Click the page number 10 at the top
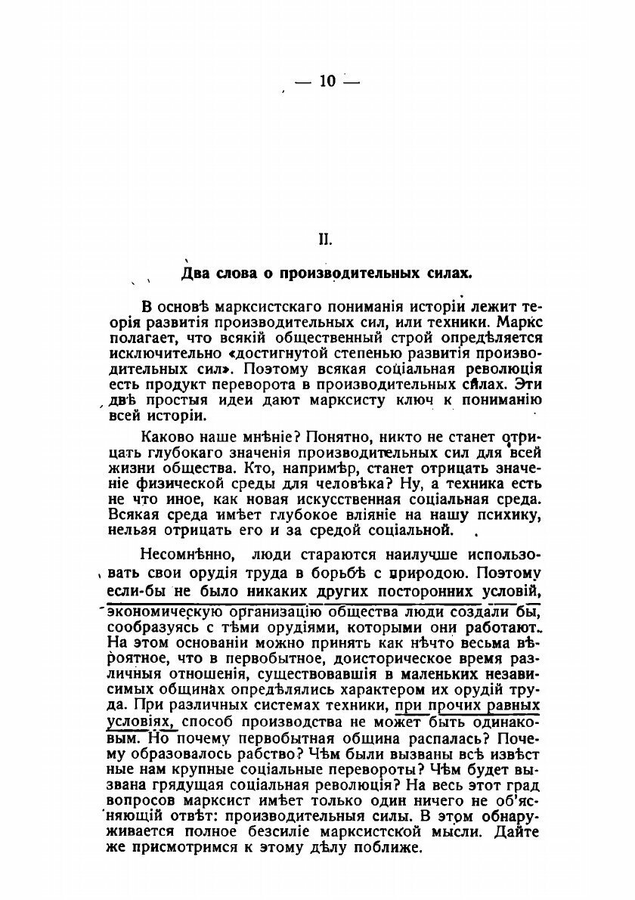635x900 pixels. tap(327, 81)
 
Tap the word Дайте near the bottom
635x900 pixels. tap(519, 833)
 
